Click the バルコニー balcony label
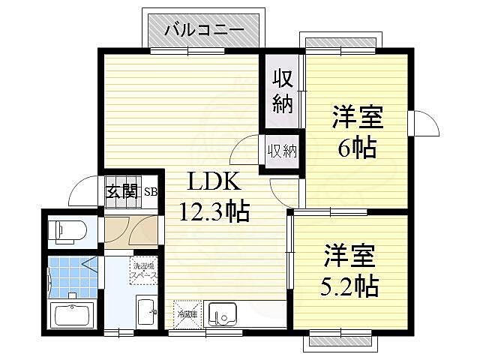[205, 31]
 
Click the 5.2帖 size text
[351, 285]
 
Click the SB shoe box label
[150, 190]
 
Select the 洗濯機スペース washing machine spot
[144, 272]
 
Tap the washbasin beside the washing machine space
[147, 310]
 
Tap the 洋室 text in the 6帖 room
[358, 118]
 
